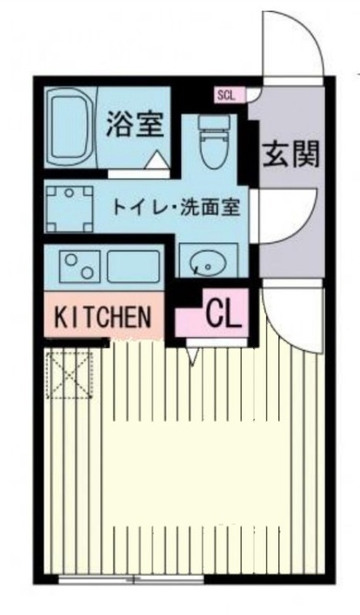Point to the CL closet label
pos(224,311)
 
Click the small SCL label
pos(226,95)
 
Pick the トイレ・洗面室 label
pos(177,206)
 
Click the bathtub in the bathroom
pos(70,127)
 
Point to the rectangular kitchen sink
pos(132,266)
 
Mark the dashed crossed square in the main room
pos(68,374)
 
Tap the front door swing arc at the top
pos(293,42)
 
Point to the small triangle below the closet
pos(193,354)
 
